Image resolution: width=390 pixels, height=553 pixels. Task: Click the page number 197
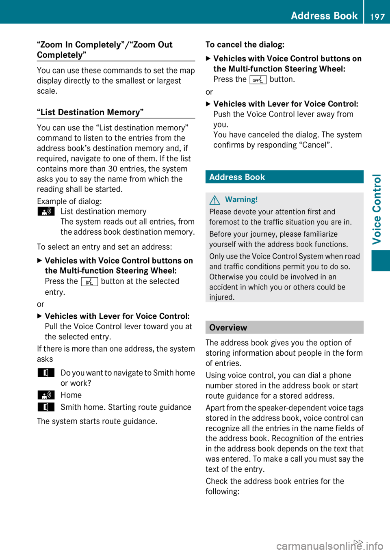pos(377,17)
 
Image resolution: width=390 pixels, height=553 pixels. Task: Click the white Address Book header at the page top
pos(324,16)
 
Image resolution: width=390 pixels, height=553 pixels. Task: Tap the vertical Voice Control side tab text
pos(377,209)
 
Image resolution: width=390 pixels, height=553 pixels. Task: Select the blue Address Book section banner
pos(284,177)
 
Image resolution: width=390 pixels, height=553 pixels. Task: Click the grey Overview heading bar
pos(284,327)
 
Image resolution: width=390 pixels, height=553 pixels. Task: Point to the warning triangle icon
pos(215,200)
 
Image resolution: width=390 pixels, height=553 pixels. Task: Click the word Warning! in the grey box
pos(241,199)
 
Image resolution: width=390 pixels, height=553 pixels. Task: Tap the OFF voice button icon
pos(258,80)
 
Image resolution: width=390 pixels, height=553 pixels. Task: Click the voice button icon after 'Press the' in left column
pos(89,281)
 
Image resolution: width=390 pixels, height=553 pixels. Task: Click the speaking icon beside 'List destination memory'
pos(46,212)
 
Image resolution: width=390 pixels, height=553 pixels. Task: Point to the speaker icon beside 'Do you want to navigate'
pos(46,373)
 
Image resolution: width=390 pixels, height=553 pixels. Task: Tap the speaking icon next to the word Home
pos(46,395)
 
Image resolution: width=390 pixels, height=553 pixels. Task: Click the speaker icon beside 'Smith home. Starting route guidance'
pos(46,407)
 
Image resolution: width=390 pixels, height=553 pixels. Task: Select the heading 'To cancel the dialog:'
pos(245,45)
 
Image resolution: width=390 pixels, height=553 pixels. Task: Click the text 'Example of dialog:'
pos(69,201)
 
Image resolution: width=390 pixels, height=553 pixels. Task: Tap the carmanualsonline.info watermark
pos(329,546)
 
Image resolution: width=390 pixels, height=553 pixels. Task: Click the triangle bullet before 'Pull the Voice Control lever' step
pos(39,316)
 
